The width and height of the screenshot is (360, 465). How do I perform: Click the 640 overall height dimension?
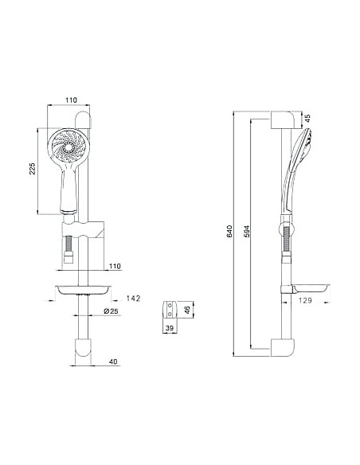tap(229, 231)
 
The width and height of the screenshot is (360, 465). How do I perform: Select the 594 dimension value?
tap(247, 232)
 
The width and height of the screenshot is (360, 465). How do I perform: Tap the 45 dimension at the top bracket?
tap(307, 119)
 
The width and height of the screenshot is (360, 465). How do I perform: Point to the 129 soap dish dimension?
tap(305, 300)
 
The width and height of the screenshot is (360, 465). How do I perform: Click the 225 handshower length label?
tap(32, 169)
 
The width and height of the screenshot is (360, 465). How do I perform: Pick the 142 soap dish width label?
tap(133, 299)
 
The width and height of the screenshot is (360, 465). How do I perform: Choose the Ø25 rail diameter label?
tap(111, 311)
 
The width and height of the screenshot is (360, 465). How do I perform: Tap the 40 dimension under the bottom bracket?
tap(113, 361)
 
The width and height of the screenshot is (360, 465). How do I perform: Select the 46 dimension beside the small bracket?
tap(187, 310)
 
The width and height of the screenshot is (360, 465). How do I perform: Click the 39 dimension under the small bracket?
tap(170, 328)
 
